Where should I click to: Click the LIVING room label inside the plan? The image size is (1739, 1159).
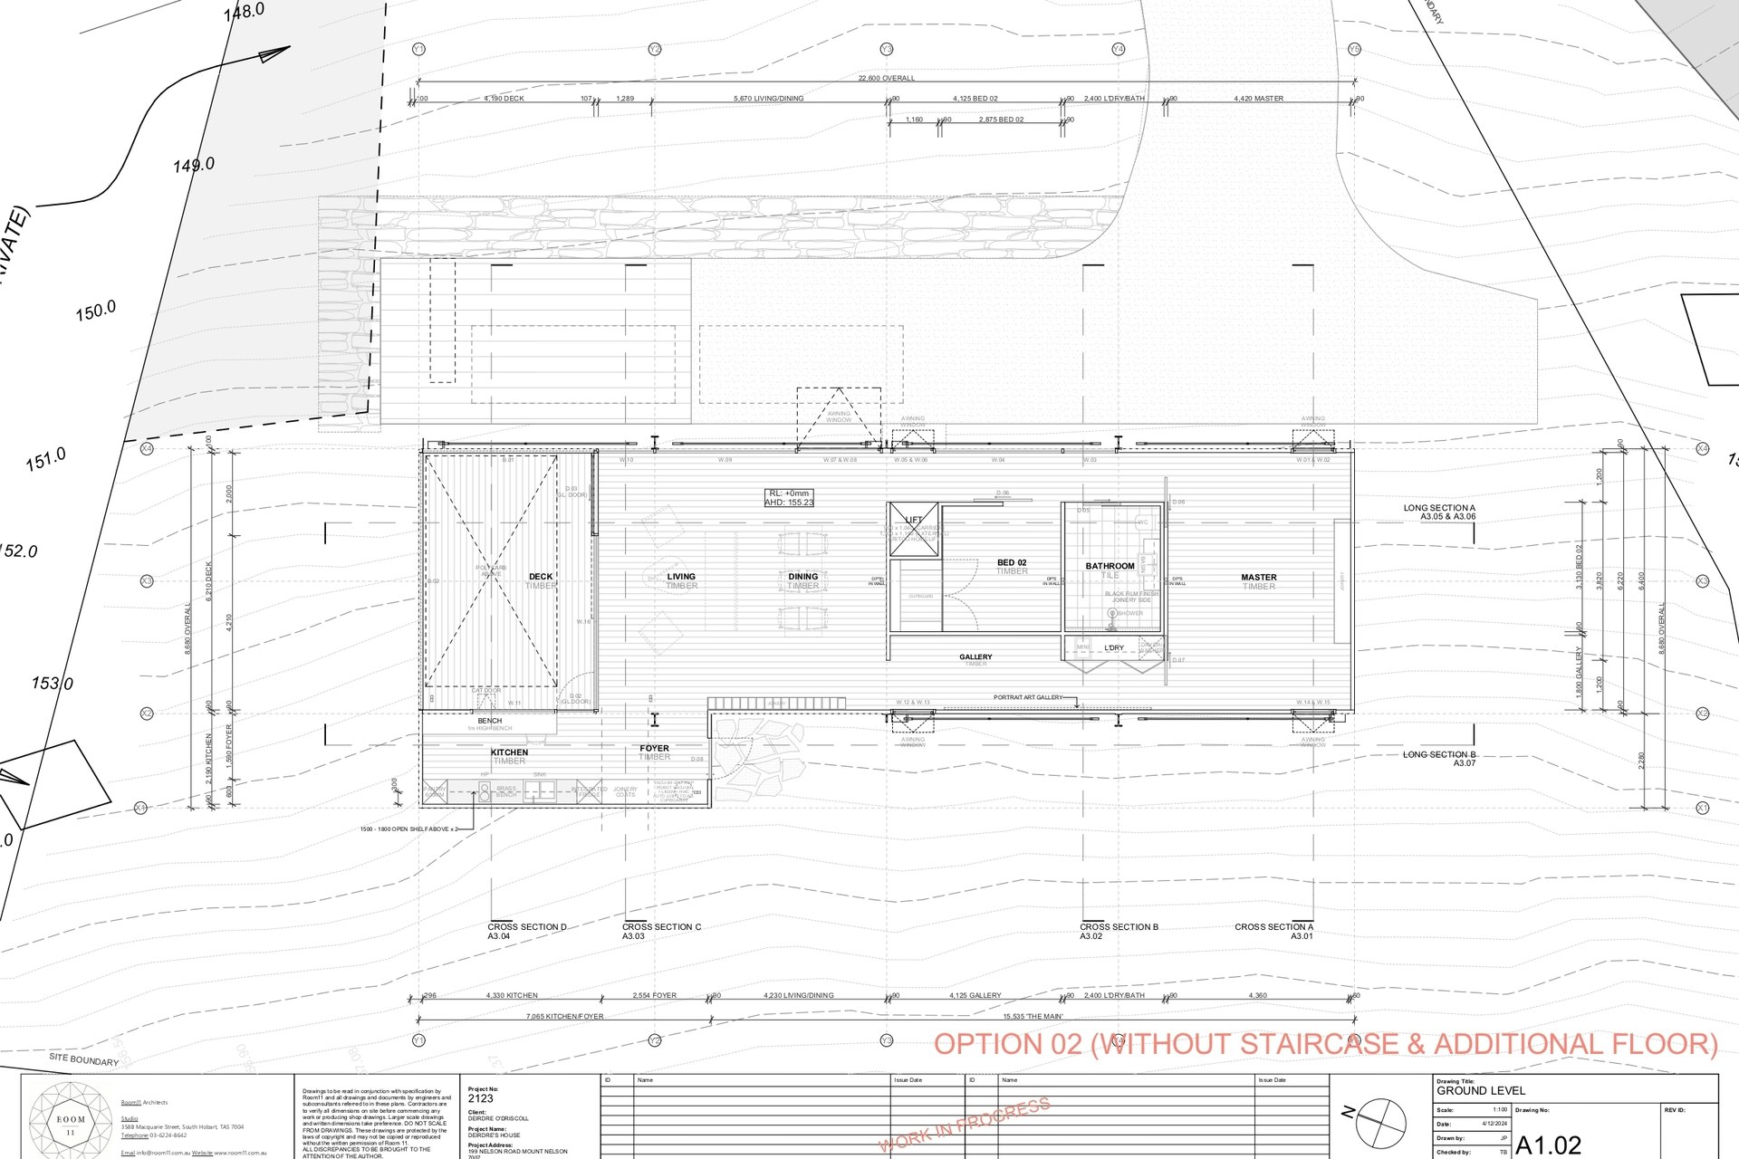[x=681, y=577]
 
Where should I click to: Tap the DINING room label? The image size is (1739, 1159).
[x=802, y=577]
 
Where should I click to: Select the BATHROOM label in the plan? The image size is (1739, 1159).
[x=1110, y=566]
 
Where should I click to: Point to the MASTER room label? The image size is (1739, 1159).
[x=1258, y=578]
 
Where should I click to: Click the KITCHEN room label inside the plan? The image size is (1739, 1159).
[x=509, y=752]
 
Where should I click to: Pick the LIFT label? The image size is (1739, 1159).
[x=913, y=521]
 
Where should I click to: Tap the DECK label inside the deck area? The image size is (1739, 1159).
[x=541, y=577]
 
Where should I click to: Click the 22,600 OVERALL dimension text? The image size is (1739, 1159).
[x=886, y=79]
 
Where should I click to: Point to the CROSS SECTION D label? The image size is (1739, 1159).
[x=526, y=927]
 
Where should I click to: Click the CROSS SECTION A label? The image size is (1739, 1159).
[x=1273, y=927]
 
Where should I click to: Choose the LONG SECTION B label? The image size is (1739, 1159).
[x=1439, y=754]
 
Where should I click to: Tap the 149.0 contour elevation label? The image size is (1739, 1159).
[x=194, y=165]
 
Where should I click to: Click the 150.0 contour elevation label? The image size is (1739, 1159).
[x=96, y=311]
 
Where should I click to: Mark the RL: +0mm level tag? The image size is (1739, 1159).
[x=789, y=493]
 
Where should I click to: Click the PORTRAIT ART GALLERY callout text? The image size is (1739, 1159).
[x=1028, y=697]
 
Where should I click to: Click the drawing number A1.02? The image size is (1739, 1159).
[x=1549, y=1145]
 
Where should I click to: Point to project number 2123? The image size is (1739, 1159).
[x=481, y=1098]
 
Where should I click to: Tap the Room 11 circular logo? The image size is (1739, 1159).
[x=71, y=1119]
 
